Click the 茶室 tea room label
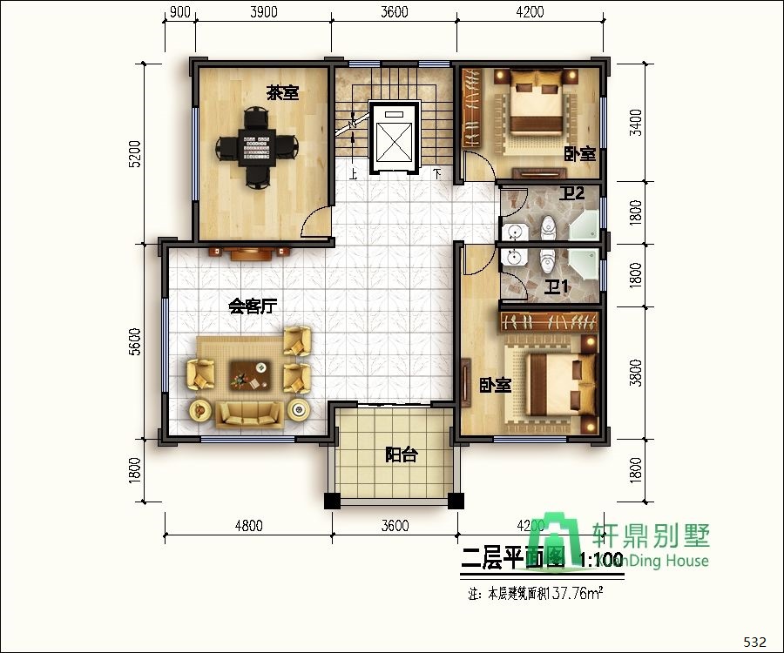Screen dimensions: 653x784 (282, 93)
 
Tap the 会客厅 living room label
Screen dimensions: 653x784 (253, 306)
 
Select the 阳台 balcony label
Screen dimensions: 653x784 (401, 454)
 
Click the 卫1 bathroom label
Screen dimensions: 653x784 (557, 286)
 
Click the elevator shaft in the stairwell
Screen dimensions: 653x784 (395, 137)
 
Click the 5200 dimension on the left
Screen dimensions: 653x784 (133, 154)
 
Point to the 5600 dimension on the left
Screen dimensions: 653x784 (133, 340)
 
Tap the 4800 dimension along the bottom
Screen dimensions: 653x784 (248, 525)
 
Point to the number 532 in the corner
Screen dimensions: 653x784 (754, 643)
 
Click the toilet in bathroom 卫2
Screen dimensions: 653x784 (548, 228)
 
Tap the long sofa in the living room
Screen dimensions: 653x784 (250, 414)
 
